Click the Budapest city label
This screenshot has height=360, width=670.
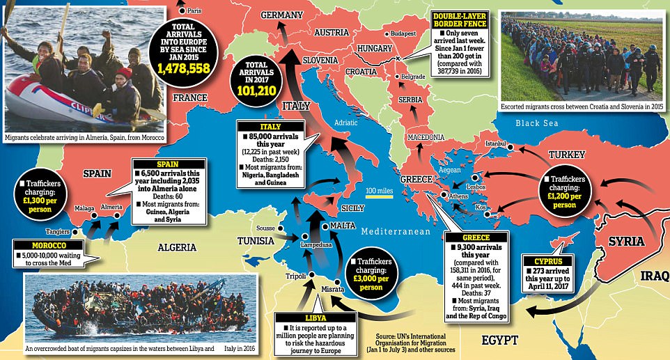point(403,33)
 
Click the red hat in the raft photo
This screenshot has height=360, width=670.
point(124,72)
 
